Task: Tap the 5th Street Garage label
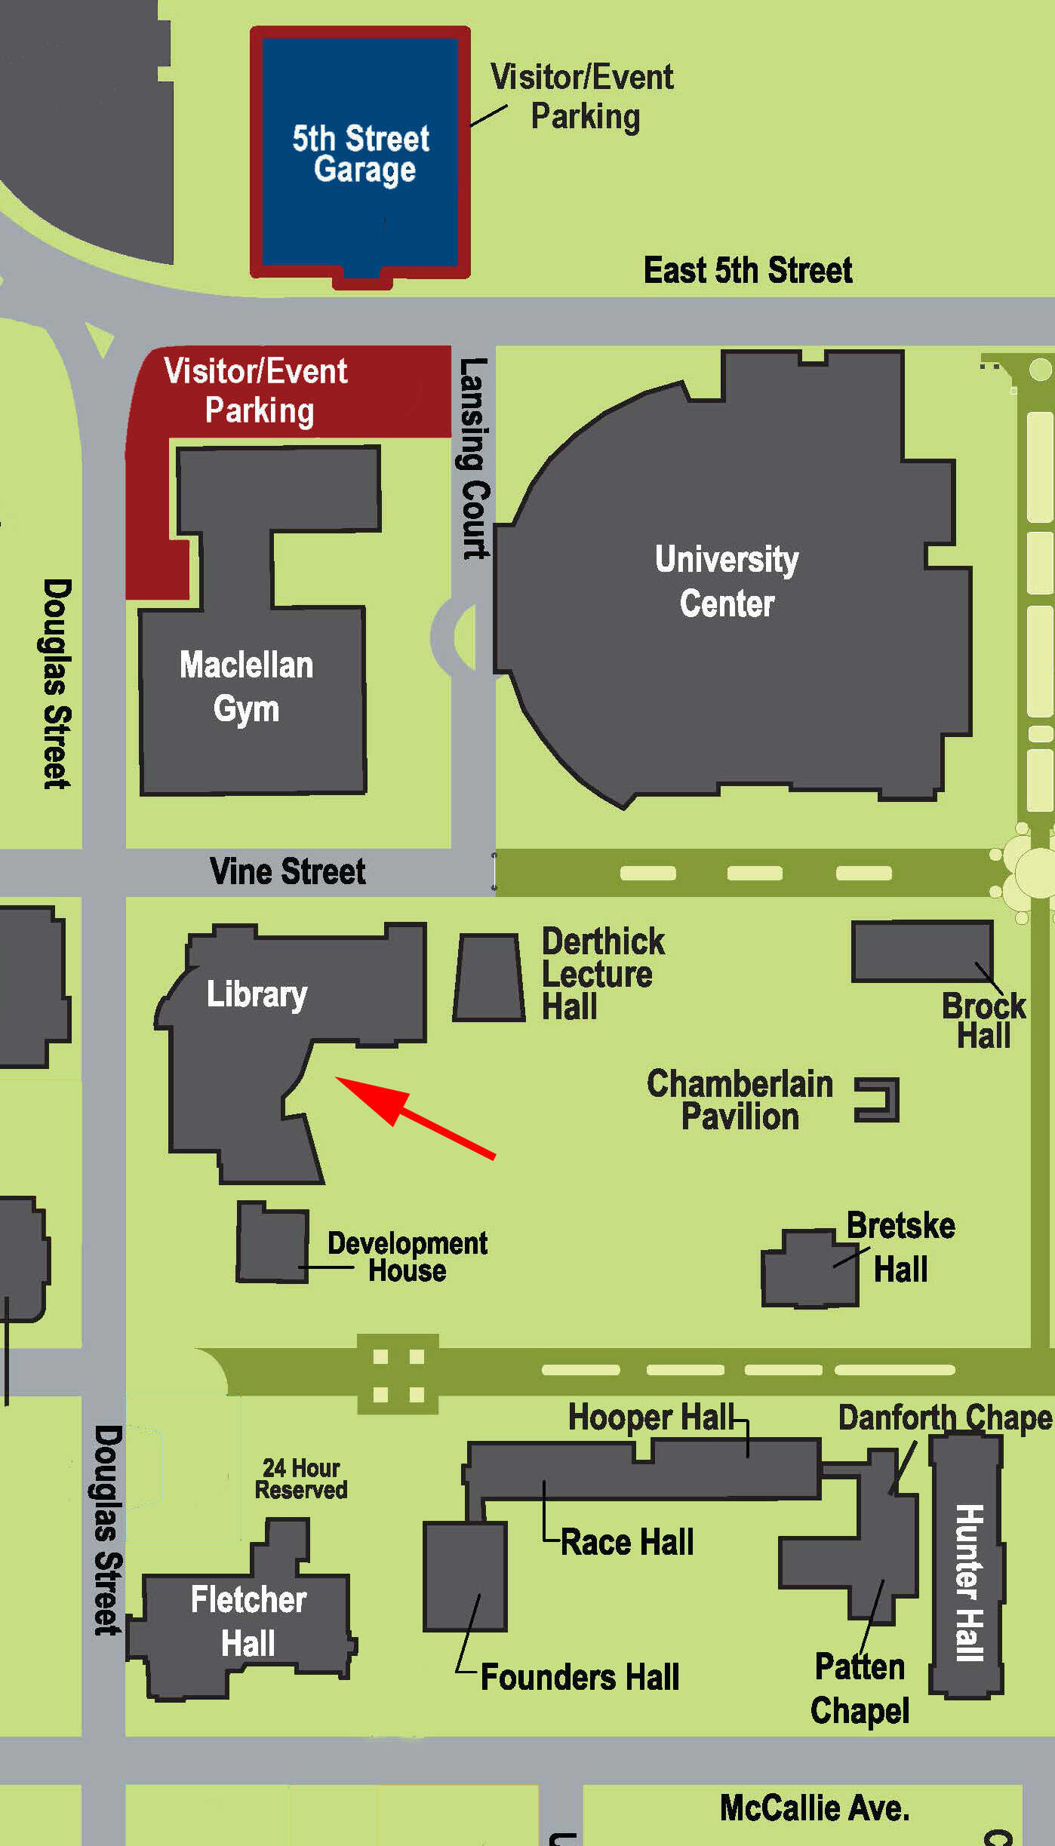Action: coord(361,154)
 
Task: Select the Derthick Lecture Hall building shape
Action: coord(489,978)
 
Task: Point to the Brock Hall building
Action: coord(921,951)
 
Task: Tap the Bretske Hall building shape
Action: coord(809,1269)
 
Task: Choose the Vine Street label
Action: coord(288,871)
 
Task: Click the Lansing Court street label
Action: coord(474,458)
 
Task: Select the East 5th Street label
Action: coord(748,270)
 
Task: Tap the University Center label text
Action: coord(727,581)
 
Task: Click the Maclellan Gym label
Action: coord(246,686)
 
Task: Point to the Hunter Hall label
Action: coord(969,1582)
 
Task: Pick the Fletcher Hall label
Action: coord(248,1620)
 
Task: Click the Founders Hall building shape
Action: coord(464,1577)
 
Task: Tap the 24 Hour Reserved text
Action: coord(301,1479)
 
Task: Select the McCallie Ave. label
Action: coord(814,1808)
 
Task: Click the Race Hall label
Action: coord(627,1542)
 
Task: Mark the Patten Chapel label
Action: coord(860,1688)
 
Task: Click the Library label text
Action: coord(257,994)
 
